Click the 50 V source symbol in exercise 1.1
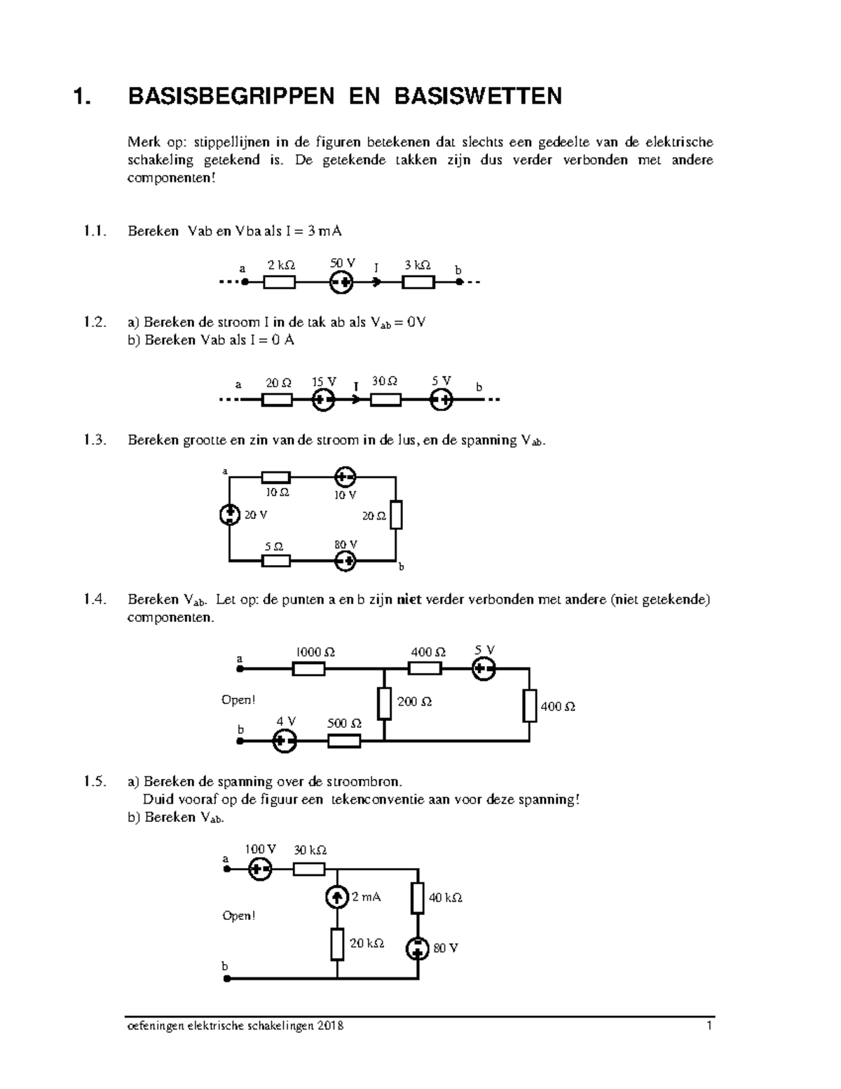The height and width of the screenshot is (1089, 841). pyautogui.click(x=341, y=283)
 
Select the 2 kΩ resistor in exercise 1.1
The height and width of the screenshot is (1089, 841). pyautogui.click(x=279, y=283)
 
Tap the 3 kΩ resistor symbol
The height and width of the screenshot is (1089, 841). pyautogui.click(x=418, y=283)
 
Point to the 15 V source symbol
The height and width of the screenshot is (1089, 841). pyautogui.click(x=323, y=400)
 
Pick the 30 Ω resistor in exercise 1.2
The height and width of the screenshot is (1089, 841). pyautogui.click(x=385, y=400)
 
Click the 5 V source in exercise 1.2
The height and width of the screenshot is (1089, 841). pyautogui.click(x=442, y=400)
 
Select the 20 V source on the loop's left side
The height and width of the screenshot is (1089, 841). pyautogui.click(x=229, y=515)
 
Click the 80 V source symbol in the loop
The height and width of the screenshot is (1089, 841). pyautogui.click(x=345, y=561)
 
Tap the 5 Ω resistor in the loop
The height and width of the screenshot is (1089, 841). pyautogui.click(x=276, y=561)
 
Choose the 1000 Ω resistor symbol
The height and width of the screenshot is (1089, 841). pyautogui.click(x=308, y=670)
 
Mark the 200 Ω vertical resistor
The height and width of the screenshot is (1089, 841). pyautogui.click(x=384, y=703)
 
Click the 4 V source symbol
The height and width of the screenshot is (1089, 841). pyautogui.click(x=285, y=741)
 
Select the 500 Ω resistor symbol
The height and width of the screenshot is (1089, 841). pyautogui.click(x=344, y=741)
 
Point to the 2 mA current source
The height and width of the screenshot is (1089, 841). pyautogui.click(x=337, y=896)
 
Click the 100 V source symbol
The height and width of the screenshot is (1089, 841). pyautogui.click(x=260, y=870)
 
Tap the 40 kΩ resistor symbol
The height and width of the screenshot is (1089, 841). pyautogui.click(x=418, y=898)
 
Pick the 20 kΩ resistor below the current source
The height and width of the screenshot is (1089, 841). pyautogui.click(x=337, y=944)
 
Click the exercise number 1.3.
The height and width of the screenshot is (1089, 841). pyautogui.click(x=94, y=440)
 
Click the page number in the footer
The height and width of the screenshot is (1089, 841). pyautogui.click(x=709, y=1026)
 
